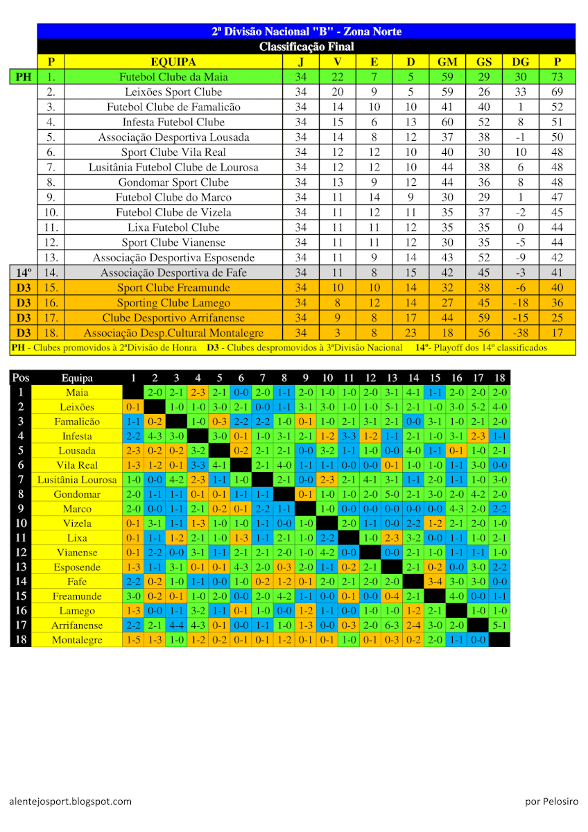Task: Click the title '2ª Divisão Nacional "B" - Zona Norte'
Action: (x=306, y=31)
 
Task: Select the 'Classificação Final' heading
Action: (x=306, y=46)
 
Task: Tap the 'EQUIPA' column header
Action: (x=173, y=62)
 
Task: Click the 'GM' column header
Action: (x=447, y=62)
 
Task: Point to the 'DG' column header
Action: (x=521, y=62)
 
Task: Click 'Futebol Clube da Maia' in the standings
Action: (x=173, y=77)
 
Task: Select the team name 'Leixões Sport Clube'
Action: (x=173, y=92)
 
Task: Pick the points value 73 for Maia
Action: (x=557, y=77)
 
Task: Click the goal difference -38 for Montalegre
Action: (x=521, y=333)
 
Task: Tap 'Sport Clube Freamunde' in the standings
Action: (x=173, y=288)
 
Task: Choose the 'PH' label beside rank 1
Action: (x=24, y=77)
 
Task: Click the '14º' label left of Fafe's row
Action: (x=24, y=272)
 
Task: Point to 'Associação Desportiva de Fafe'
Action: (x=173, y=272)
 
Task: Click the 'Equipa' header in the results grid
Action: (x=77, y=378)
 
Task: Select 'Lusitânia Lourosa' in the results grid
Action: (x=77, y=480)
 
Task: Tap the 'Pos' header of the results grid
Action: (x=21, y=378)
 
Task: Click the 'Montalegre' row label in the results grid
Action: (x=77, y=640)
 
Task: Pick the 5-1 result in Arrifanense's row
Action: (x=499, y=625)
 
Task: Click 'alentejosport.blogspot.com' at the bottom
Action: (x=70, y=801)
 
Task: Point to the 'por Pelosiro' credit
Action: (x=551, y=801)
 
